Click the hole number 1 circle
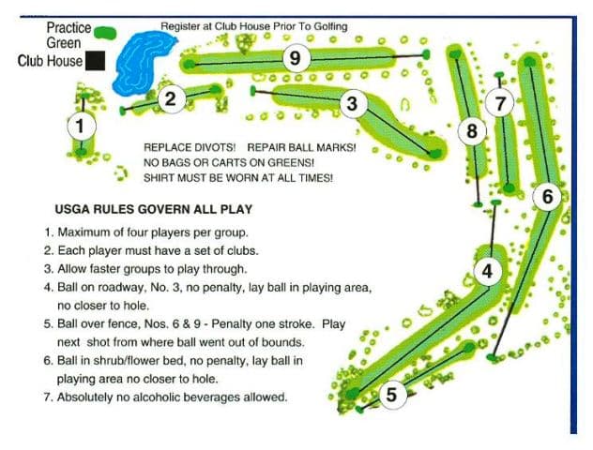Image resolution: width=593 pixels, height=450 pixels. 81,124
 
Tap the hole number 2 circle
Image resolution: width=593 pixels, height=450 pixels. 170,98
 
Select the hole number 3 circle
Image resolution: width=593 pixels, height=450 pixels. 352,103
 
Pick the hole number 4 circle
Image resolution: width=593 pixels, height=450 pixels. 486,271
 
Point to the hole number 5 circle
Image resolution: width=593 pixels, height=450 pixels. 392,395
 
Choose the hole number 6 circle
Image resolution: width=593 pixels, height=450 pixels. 548,196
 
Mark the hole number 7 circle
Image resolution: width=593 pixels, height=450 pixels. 500,103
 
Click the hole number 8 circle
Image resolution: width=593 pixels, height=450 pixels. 472,131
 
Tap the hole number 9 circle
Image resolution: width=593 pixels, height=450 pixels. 295,58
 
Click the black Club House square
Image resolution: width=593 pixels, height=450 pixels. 95,62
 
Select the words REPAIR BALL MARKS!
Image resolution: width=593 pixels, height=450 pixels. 301,148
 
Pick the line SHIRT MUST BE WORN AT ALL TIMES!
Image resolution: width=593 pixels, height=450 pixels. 238,177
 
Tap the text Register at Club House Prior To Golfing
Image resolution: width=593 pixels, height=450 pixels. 253,26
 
